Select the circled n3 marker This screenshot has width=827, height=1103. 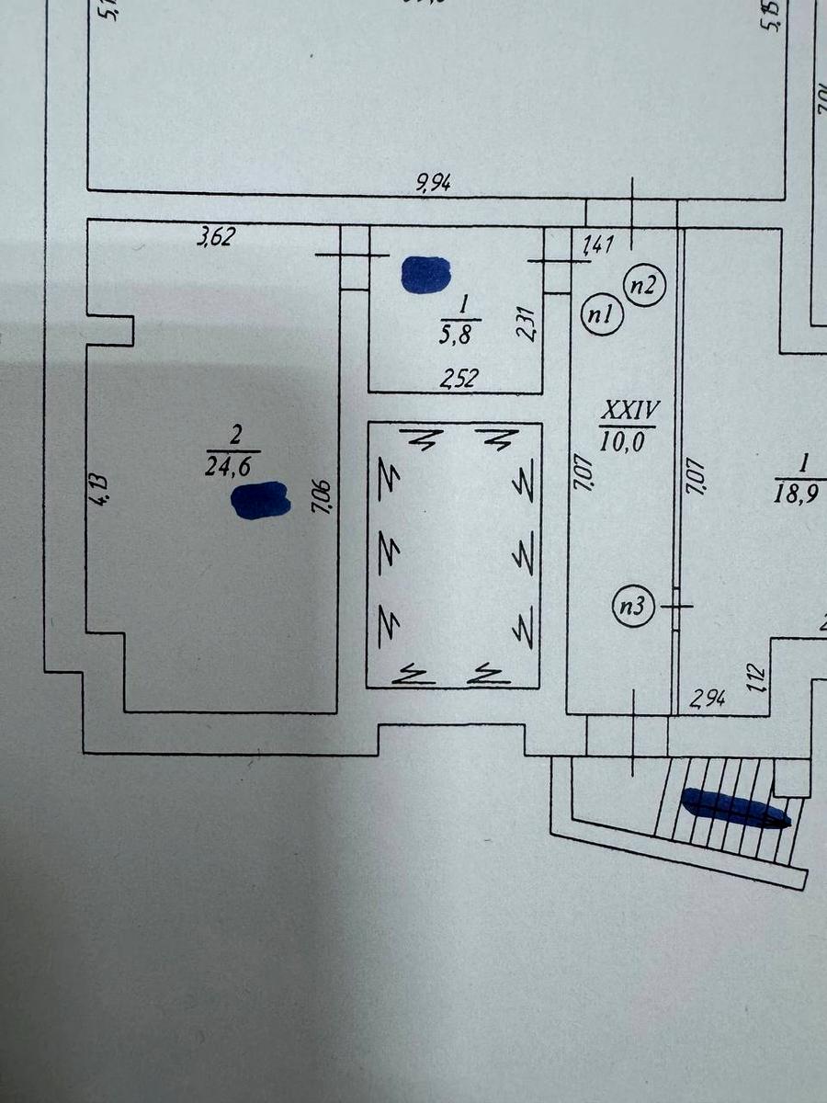(x=634, y=606)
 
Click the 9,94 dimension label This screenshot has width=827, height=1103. (x=433, y=183)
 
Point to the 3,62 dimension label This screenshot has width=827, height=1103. (x=217, y=238)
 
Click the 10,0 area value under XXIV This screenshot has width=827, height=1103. (x=628, y=440)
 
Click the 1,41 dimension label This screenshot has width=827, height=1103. (x=599, y=244)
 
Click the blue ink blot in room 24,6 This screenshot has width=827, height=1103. (x=261, y=501)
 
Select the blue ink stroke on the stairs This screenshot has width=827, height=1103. (x=735, y=809)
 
